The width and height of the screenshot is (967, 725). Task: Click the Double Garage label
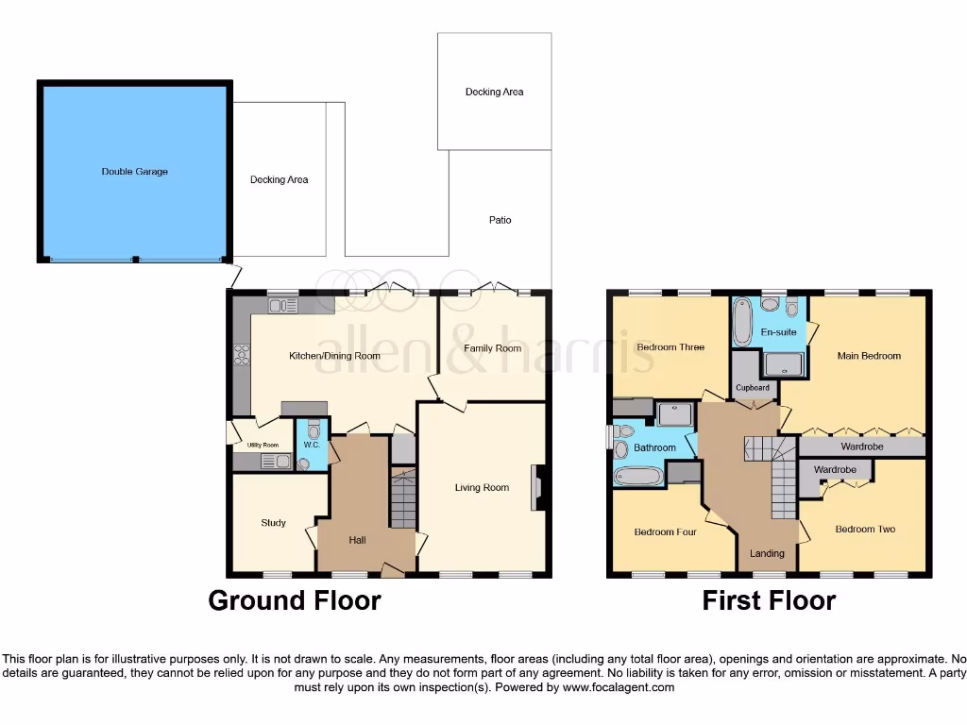coord(135,172)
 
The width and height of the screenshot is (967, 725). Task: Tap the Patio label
coord(500,220)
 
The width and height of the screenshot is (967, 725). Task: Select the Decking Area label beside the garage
coord(279,179)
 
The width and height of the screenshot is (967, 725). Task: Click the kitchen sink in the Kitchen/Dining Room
coord(283,305)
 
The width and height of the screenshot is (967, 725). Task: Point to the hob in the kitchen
coord(242,355)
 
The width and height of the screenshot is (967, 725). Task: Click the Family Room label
coord(492,348)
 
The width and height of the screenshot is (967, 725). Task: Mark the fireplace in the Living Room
coord(537,487)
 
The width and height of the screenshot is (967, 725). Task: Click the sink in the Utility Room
coord(275,462)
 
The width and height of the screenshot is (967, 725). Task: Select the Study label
coord(273,523)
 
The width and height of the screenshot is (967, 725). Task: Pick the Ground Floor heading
coord(294,600)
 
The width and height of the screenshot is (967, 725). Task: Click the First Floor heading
coord(769,600)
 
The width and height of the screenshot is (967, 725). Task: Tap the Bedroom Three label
coord(670,347)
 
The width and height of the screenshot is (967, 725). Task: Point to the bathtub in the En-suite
coord(742,320)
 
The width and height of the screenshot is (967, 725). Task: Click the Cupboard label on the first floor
coord(753,388)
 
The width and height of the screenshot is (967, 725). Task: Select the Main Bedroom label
coord(869,356)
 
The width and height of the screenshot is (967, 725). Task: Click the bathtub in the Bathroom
coord(639,476)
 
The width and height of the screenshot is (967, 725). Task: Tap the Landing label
coord(766,553)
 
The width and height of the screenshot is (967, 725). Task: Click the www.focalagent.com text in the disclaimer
coord(618,687)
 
